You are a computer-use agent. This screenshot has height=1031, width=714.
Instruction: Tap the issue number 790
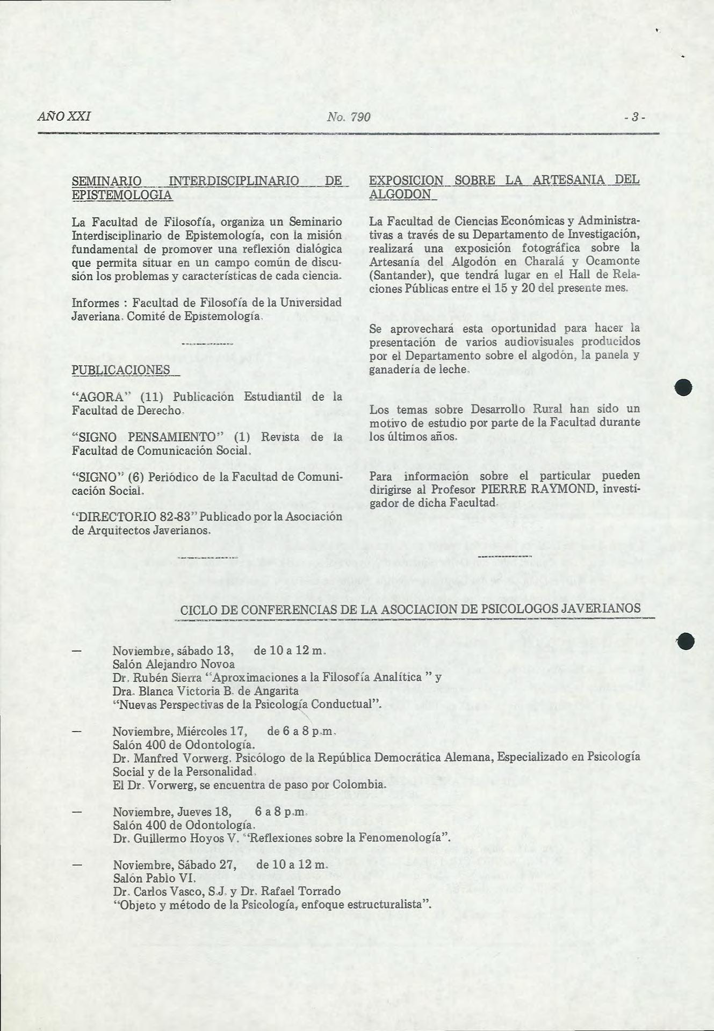point(360,117)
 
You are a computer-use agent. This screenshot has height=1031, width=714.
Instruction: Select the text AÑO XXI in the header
point(64,117)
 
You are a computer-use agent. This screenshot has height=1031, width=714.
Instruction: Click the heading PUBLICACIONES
point(121,370)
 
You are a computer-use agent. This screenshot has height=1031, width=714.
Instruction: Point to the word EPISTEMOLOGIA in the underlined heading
point(122,194)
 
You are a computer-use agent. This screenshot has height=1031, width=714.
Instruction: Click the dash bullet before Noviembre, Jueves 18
point(76,811)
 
